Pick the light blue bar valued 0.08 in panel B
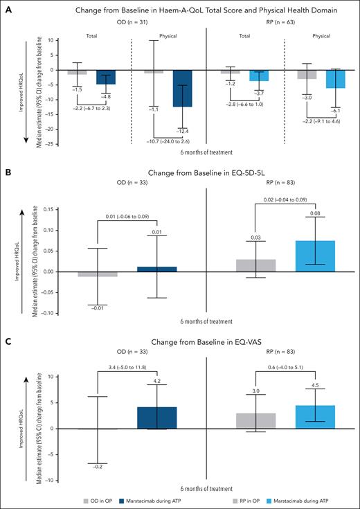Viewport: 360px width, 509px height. point(316,256)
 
